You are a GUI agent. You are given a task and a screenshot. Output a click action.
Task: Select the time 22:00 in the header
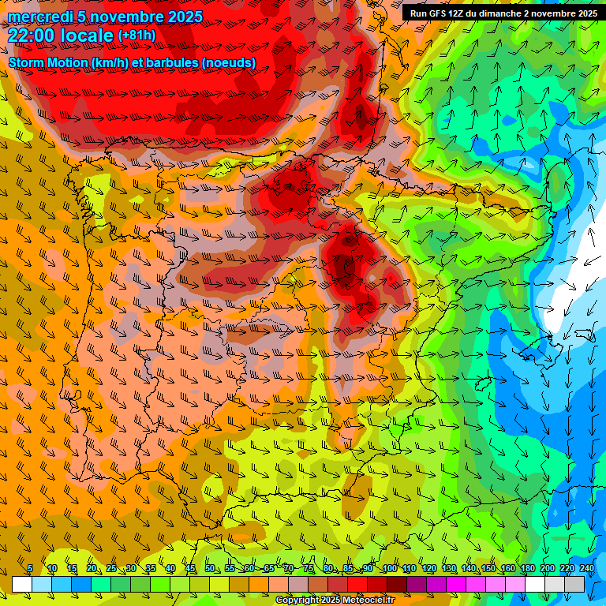click(32, 36)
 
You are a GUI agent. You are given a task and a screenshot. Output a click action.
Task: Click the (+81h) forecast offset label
click(137, 36)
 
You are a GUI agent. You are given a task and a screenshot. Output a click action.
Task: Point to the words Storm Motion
click(47, 62)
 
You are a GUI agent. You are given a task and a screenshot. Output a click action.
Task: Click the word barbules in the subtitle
click(170, 62)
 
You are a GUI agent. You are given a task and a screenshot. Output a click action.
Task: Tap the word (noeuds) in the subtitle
click(228, 62)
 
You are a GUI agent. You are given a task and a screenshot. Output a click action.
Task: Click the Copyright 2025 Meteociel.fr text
click(335, 600)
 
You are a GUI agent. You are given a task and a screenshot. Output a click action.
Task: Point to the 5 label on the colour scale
click(29, 568)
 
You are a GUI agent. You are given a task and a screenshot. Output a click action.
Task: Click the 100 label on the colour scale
click(389, 568)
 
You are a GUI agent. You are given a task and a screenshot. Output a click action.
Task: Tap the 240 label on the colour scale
click(587, 568)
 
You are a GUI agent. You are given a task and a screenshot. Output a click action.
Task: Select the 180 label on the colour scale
click(527, 568)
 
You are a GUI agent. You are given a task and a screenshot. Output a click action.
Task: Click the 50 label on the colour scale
click(210, 568)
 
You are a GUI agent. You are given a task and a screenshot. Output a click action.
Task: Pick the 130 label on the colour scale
click(448, 568)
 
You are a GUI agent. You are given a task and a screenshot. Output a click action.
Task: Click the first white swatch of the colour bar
click(22, 584)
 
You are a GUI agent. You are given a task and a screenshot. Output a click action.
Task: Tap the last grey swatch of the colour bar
click(574, 584)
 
